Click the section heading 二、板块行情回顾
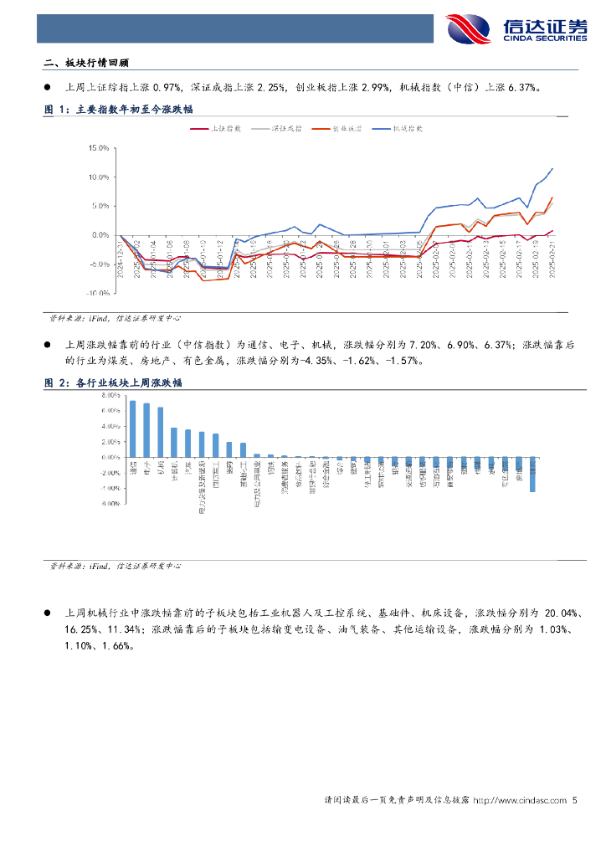(x=87, y=63)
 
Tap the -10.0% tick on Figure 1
(x=99, y=294)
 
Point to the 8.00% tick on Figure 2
(x=110, y=395)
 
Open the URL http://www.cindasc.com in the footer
(x=520, y=801)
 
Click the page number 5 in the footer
(x=575, y=801)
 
